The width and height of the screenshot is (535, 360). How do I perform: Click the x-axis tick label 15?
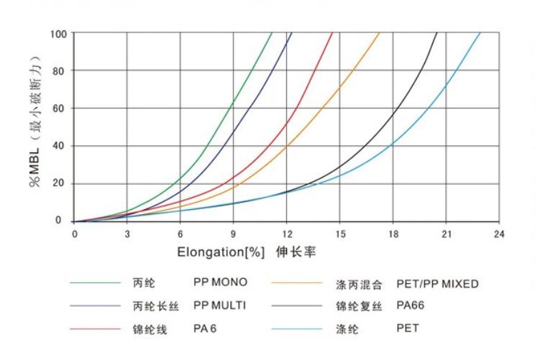click(x=340, y=234)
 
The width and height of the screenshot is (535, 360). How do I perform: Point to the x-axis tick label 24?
click(x=500, y=234)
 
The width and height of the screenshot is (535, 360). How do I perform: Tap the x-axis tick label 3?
click(x=127, y=234)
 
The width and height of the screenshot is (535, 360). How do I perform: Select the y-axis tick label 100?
click(x=59, y=34)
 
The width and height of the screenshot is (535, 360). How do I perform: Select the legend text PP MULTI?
click(x=220, y=305)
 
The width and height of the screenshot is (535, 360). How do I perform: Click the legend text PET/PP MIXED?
click(x=437, y=284)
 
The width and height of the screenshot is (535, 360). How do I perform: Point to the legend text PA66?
click(x=411, y=305)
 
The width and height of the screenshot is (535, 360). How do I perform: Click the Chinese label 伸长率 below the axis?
click(x=297, y=253)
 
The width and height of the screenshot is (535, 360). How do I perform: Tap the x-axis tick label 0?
click(x=74, y=234)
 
